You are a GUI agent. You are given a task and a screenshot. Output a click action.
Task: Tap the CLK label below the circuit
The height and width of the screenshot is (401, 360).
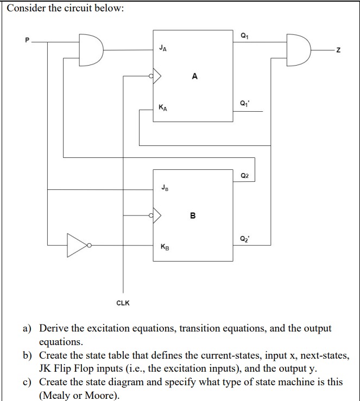pos(123,303)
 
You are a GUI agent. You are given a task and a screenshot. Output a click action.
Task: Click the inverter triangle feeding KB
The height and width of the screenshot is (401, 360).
pos(77,245)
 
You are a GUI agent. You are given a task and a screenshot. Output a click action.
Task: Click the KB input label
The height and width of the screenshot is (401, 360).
pos(163,247)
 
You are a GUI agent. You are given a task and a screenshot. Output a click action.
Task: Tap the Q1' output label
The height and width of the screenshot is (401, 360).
pos(243,104)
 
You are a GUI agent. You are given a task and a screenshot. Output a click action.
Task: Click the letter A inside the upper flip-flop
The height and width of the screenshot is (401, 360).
pos(194,77)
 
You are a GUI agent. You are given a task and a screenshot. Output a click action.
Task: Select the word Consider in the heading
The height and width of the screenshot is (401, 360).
pos(25,10)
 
